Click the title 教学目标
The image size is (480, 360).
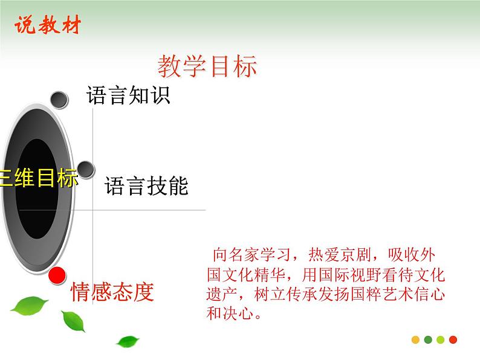coord(207,66)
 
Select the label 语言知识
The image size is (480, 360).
coord(128,95)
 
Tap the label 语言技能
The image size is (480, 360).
coord(146,185)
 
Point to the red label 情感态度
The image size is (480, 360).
coord(112,292)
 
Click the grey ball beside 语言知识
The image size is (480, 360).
coord(59,100)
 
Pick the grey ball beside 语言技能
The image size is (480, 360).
coord(85,170)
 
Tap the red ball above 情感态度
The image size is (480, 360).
coord(57,276)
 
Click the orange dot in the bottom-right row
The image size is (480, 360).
coord(416,339)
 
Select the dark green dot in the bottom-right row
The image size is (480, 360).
coord(428,339)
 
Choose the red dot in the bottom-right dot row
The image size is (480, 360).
coord(453,339)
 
